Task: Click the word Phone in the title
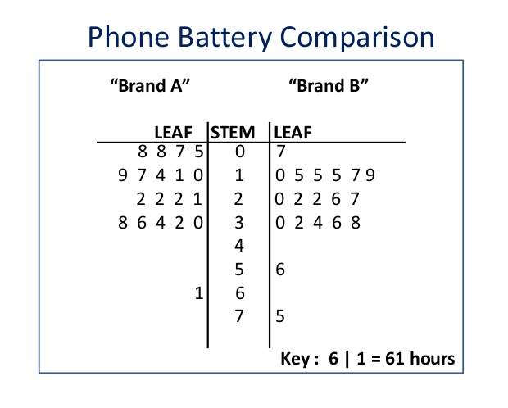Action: (129, 37)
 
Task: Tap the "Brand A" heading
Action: (150, 86)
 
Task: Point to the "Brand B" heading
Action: (329, 86)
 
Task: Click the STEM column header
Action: (233, 133)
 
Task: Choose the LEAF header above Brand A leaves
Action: (174, 133)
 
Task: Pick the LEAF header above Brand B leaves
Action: (293, 133)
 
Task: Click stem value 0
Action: (240, 152)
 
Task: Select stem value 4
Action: (239, 246)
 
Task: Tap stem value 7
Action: (239, 316)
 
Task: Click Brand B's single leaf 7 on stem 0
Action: (280, 152)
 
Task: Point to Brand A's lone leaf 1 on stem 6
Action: (199, 293)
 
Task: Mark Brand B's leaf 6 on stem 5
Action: (280, 270)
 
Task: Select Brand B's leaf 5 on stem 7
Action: (280, 316)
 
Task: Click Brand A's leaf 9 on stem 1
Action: (123, 175)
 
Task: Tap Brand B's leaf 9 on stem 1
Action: (370, 175)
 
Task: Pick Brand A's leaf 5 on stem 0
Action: (199, 152)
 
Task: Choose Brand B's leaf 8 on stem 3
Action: (356, 223)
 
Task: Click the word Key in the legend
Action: (295, 359)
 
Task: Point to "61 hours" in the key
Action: (420, 358)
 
